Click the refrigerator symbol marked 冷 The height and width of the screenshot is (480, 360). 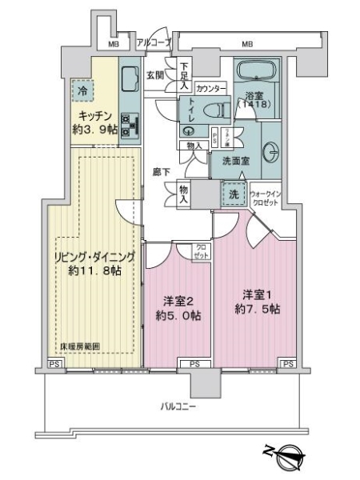click(81, 91)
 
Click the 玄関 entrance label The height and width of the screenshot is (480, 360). click(154, 75)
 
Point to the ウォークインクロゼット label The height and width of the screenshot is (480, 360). click(265, 198)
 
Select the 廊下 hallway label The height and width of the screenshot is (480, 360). click(161, 170)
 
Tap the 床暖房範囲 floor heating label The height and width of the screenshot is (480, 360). click(80, 346)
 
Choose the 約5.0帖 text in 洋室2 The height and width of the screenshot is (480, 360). click(178, 315)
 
